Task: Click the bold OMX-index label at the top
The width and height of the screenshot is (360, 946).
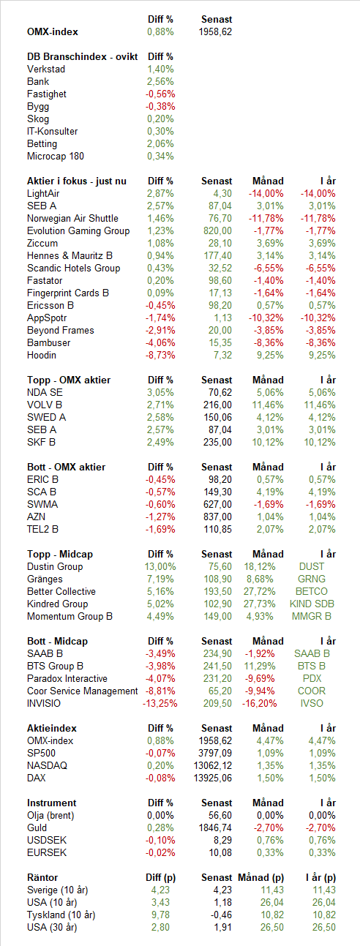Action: click(x=53, y=32)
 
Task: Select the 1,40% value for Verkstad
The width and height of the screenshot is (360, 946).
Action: click(x=160, y=70)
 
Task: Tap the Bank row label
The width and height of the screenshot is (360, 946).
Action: click(x=38, y=81)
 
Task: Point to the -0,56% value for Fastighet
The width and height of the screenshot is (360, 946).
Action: click(x=160, y=94)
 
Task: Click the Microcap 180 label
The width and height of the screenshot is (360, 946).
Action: click(x=56, y=157)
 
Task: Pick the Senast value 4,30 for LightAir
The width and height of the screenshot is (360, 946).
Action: click(x=222, y=193)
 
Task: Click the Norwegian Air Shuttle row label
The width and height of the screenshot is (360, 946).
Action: click(x=72, y=218)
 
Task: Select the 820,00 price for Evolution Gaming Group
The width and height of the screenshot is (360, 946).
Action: click(x=217, y=231)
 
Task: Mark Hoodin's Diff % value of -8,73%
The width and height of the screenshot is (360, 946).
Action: click(x=160, y=355)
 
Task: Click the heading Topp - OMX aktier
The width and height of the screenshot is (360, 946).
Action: click(x=69, y=380)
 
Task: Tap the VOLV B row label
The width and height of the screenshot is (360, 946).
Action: click(x=45, y=405)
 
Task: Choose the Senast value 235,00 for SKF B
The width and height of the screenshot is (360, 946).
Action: click(x=217, y=442)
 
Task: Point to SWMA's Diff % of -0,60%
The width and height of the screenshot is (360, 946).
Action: click(x=160, y=504)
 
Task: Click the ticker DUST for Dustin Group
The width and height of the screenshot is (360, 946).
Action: click(x=312, y=567)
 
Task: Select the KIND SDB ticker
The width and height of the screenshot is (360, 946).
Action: click(x=312, y=604)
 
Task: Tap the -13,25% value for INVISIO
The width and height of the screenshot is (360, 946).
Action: click(x=160, y=704)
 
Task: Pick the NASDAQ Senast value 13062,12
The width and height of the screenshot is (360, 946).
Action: click(x=212, y=766)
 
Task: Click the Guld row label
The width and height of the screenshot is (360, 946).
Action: click(x=37, y=827)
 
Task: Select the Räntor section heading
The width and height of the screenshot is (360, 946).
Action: click(x=42, y=877)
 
